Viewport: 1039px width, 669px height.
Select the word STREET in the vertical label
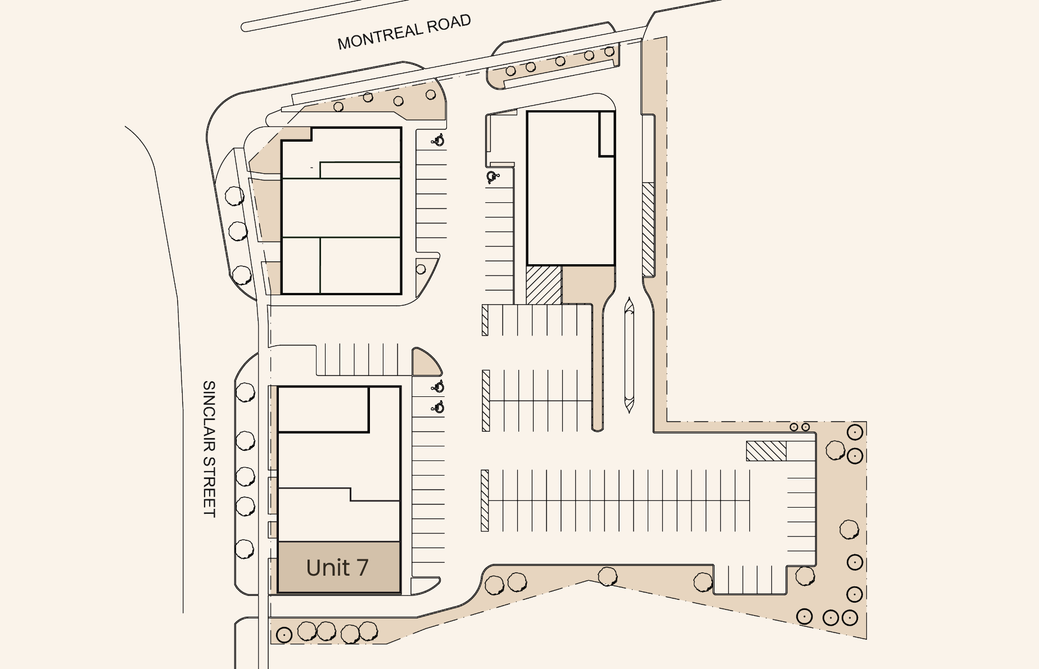coord(209,487)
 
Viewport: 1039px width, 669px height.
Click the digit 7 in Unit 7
coord(363,568)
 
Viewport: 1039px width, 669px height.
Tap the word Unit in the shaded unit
coord(328,568)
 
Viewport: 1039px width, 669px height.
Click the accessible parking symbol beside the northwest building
coord(438,140)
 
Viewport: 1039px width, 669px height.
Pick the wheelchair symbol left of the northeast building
coord(493,177)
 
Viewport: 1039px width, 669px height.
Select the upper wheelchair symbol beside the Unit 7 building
coord(438,387)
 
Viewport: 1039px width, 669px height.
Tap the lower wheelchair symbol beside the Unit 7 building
coord(438,407)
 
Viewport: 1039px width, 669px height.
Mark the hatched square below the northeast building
coord(544,285)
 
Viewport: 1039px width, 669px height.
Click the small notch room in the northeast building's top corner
coord(607,134)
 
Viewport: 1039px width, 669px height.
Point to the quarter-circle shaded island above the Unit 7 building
coord(426,363)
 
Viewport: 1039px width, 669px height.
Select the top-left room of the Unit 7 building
coord(323,409)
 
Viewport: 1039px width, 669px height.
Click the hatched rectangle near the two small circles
coord(766,451)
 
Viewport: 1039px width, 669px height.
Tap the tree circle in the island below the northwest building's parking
coord(421,269)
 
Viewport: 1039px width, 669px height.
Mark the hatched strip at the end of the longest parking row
coord(485,500)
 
